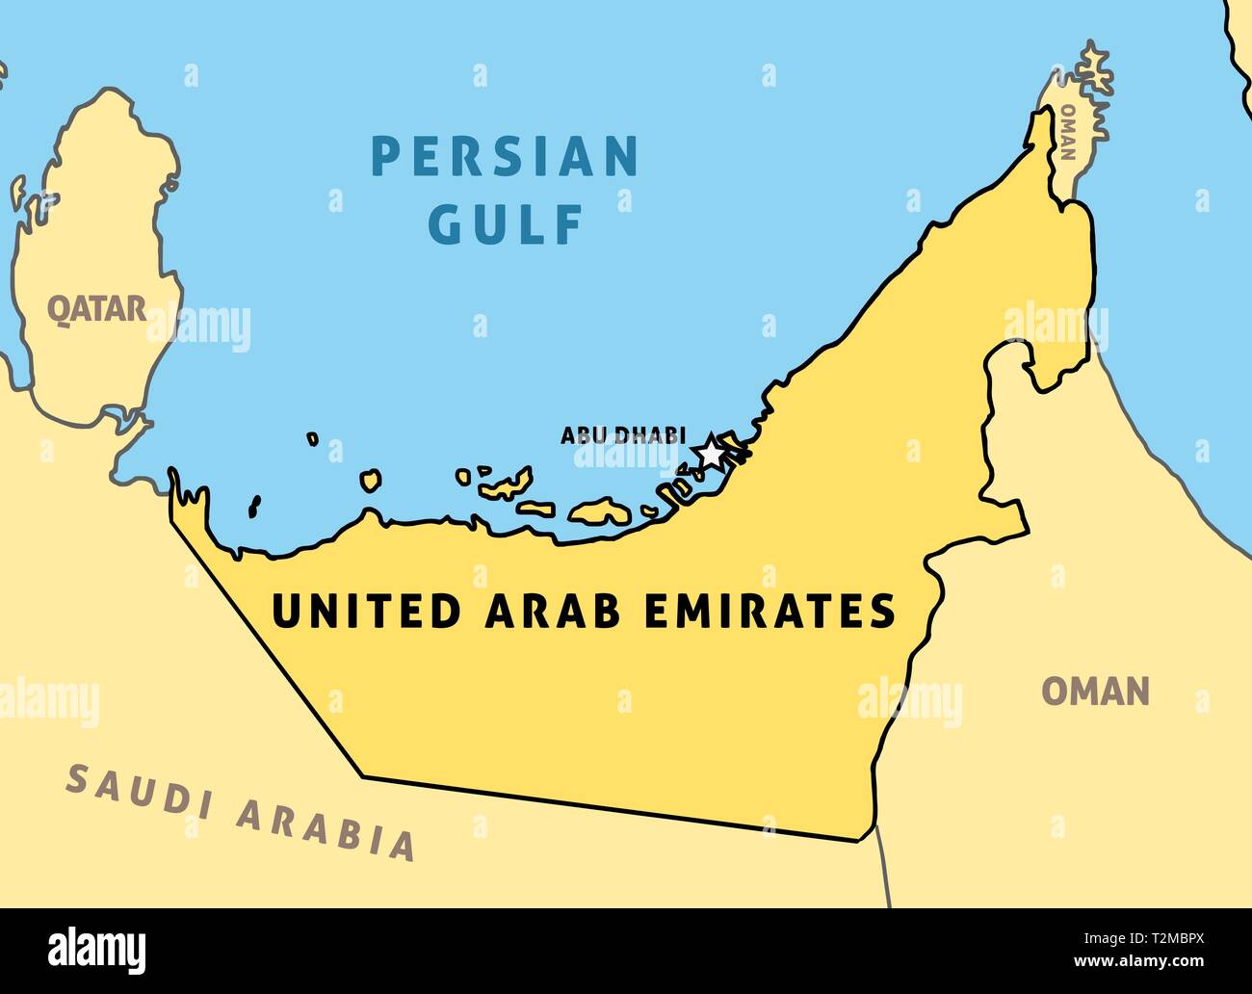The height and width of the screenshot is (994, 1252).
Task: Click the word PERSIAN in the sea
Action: [505, 157]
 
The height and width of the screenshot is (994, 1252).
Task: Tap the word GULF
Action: [505, 224]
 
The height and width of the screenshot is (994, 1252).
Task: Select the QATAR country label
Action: [97, 309]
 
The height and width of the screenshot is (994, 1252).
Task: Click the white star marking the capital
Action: [710, 451]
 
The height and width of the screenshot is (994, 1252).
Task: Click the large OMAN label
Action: [1096, 691]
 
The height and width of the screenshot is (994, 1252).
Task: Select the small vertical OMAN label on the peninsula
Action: [1067, 132]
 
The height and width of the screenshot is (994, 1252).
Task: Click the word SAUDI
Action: [137, 796]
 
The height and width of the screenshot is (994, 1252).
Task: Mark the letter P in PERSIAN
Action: [385, 157]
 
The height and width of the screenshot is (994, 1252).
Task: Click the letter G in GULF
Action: [444, 224]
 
